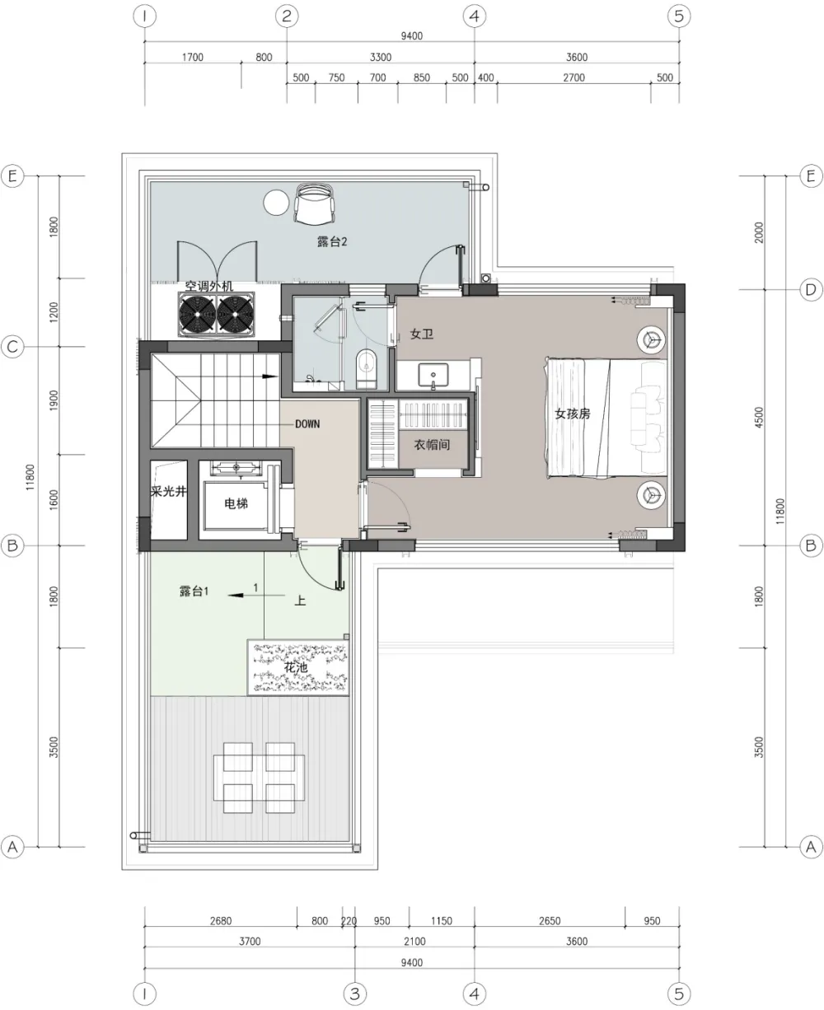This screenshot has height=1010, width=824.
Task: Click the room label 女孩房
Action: (x=572, y=414)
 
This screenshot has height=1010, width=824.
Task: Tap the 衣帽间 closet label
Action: (x=432, y=445)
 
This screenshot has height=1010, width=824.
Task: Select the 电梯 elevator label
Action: (x=236, y=503)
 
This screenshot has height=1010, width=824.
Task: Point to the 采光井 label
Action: (x=167, y=492)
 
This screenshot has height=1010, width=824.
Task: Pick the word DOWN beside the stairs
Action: (x=307, y=423)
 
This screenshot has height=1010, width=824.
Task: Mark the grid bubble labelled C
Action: (x=12, y=347)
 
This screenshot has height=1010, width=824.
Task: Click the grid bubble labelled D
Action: (x=811, y=289)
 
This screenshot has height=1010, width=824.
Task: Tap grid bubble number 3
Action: (x=354, y=993)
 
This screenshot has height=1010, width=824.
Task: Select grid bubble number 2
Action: (x=286, y=16)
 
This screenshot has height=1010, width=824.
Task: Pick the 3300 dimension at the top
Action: (x=380, y=57)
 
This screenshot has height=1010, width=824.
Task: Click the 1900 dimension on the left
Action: (x=54, y=401)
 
